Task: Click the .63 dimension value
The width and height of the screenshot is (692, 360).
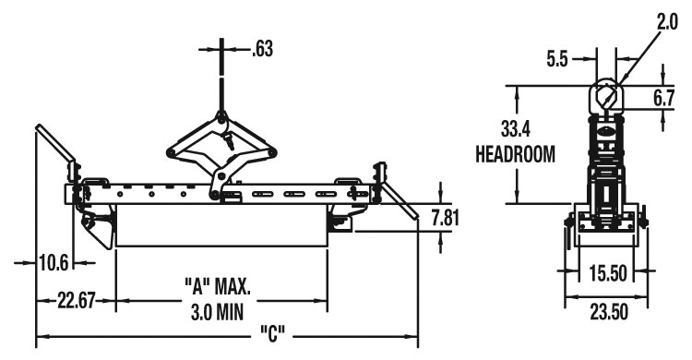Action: tap(263, 49)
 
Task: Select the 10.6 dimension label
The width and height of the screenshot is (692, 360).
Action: tap(54, 263)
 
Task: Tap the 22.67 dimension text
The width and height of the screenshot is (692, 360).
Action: tap(77, 301)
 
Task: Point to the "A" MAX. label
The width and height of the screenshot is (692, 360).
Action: tap(217, 286)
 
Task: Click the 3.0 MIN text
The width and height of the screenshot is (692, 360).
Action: tap(217, 312)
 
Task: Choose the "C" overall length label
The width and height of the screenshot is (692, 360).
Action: tap(273, 334)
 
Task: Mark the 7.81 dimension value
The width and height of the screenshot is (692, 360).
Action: tap(446, 218)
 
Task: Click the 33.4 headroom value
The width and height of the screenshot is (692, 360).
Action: tap(516, 129)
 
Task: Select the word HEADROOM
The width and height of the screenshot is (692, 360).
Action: tap(515, 154)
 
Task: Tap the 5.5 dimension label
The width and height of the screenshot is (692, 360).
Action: tap(557, 59)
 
